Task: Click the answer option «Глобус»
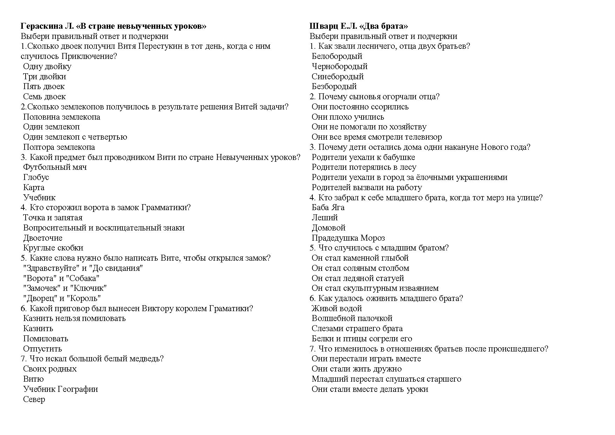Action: tap(36, 178)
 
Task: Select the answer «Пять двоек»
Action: tap(44, 87)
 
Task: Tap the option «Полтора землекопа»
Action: tap(59, 147)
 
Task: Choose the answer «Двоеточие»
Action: tap(43, 238)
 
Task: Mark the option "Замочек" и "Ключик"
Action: tap(65, 288)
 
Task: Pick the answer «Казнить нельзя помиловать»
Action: tap(74, 319)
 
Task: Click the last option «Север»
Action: tap(34, 400)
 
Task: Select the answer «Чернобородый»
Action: tap(339, 67)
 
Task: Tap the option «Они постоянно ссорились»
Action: tap(360, 107)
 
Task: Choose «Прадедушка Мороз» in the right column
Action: tap(348, 238)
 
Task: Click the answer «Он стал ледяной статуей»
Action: tap(358, 279)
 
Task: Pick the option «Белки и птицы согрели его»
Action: tap(362, 339)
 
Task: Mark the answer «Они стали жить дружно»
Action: tap(357, 369)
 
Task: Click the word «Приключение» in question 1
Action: tap(89, 56)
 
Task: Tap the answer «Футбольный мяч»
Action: tap(55, 167)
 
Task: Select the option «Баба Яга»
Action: tap(328, 208)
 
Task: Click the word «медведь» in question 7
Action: tap(146, 359)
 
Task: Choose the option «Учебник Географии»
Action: tap(60, 389)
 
